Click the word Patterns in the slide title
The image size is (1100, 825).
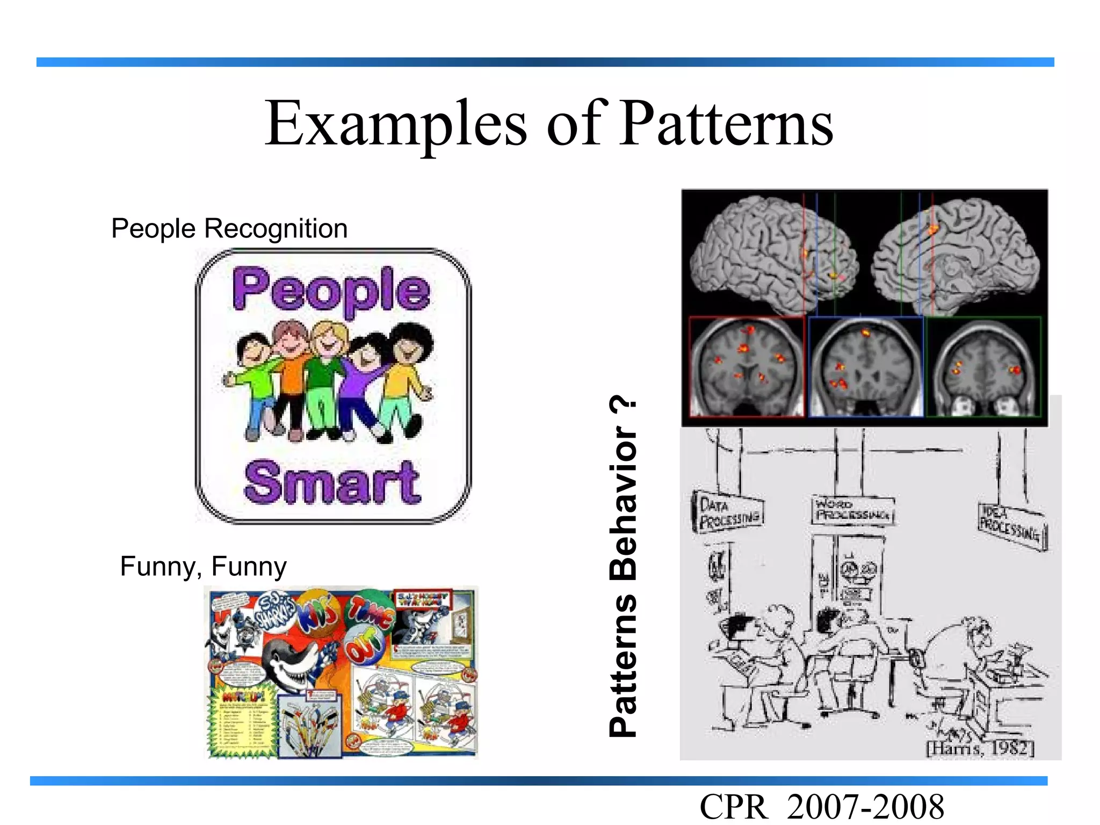pyautogui.click(x=726, y=125)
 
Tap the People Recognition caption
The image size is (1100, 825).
pyautogui.click(x=229, y=228)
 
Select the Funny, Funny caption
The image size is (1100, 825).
pyautogui.click(x=203, y=566)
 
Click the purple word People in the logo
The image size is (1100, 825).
pyautogui.click(x=331, y=290)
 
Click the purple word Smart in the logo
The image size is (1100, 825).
pyautogui.click(x=332, y=482)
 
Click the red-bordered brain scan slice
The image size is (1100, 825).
pyautogui.click(x=747, y=366)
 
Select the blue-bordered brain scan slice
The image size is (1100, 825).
pyautogui.click(x=866, y=366)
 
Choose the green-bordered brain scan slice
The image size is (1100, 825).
pyautogui.click(x=984, y=366)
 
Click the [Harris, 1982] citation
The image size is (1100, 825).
pyautogui.click(x=981, y=748)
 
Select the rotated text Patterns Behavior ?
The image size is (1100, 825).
pyautogui.click(x=623, y=567)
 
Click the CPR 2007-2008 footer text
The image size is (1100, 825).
pyautogui.click(x=822, y=807)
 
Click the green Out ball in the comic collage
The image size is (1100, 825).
pyautogui.click(x=365, y=647)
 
